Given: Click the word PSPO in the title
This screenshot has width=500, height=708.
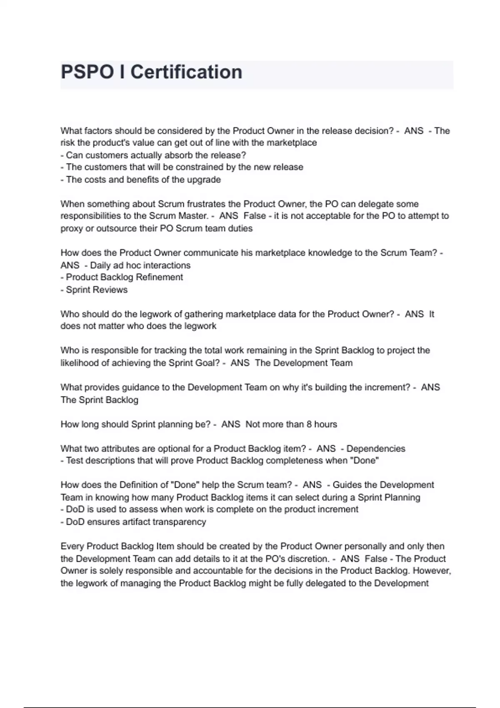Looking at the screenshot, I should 87,72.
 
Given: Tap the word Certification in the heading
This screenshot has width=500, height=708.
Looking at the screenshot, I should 186,72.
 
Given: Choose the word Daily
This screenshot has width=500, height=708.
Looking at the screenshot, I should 100,265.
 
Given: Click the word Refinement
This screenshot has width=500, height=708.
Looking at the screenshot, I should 159,277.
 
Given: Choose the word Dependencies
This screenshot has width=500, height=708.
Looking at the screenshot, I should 376,449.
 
